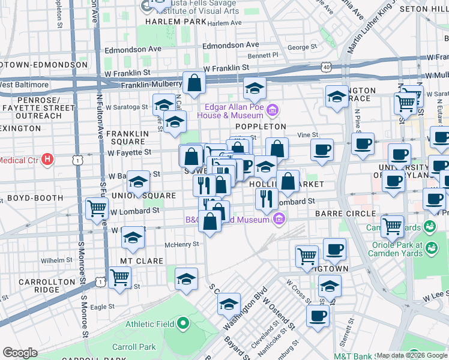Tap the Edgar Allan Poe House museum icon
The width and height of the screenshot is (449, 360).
[272, 110]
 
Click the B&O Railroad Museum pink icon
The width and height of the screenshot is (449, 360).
[278, 220]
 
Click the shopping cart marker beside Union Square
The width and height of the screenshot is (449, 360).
[97, 208]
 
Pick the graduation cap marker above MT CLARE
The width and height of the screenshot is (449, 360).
[133, 238]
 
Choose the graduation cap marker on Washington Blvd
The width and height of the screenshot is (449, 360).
[229, 304]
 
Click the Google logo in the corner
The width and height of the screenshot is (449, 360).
[20, 353]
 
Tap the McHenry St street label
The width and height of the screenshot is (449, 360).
[181, 244]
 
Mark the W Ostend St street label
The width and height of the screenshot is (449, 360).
[282, 319]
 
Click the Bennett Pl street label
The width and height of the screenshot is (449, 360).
[264, 55]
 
